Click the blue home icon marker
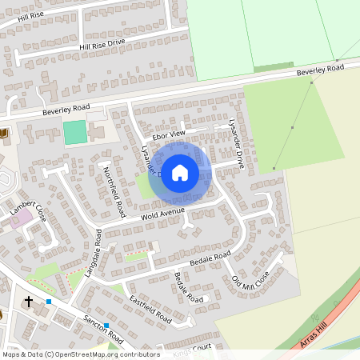tap(180, 172)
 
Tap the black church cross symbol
tap(29, 302)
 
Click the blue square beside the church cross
tap(49, 302)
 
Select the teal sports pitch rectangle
tap(74, 132)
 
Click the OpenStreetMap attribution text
tap(81, 354)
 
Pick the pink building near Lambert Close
tap(22, 215)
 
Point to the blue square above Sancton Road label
tap(106, 325)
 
